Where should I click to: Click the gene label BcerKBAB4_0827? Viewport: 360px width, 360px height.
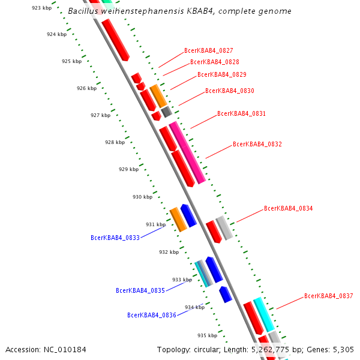tap(209, 51)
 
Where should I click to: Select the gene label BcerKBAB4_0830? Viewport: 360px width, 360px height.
tap(230, 91)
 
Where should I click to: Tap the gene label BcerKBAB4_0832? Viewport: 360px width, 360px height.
tap(257, 145)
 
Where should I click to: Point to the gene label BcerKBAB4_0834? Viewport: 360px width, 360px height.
tap(289, 209)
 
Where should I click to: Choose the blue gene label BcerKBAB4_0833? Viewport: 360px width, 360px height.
tap(115, 238)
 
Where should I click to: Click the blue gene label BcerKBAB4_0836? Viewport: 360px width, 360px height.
tap(152, 315)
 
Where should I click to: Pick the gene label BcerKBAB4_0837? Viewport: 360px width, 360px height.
tap(329, 296)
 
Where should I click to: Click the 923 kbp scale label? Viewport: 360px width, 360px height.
tap(41, 8)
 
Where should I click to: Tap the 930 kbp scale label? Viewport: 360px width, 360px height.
tap(142, 197)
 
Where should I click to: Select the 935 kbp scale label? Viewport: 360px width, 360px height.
tap(207, 335)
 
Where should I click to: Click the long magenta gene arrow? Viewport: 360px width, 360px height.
tap(187, 152)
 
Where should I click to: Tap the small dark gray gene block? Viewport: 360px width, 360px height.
tap(166, 111)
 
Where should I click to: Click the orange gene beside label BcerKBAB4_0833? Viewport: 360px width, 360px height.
tap(178, 220)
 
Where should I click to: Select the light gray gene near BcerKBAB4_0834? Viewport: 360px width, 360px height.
tap(224, 228)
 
